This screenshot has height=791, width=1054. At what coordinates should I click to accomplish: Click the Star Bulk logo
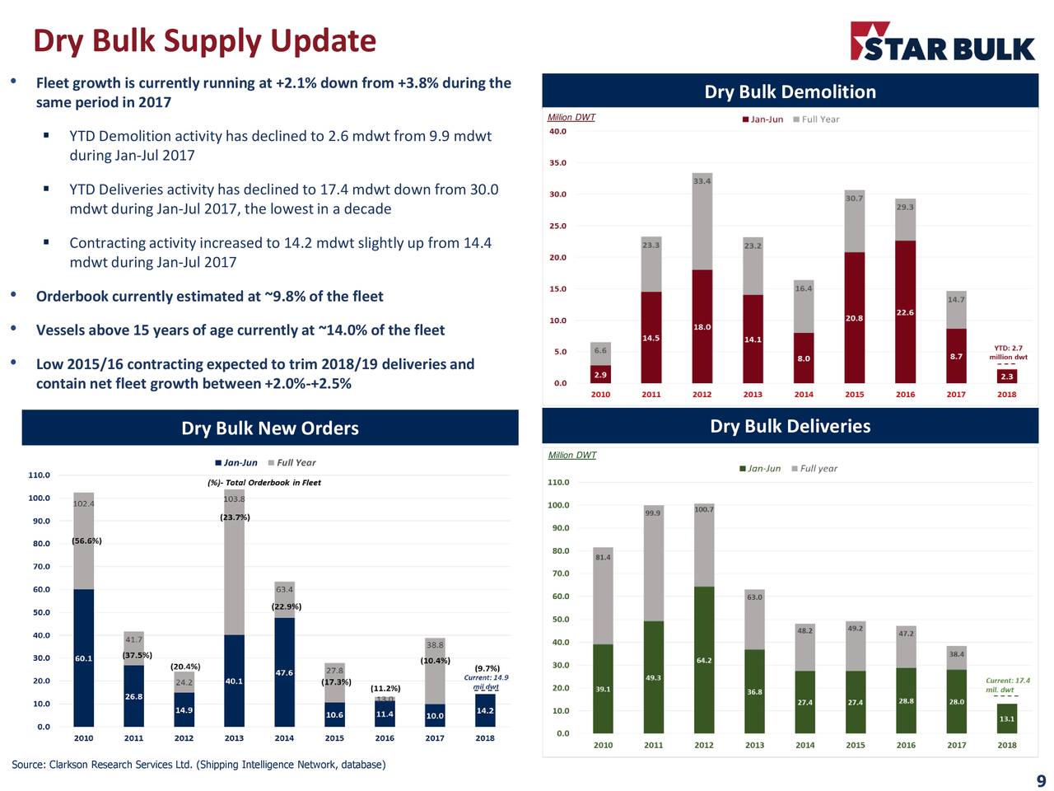(942, 43)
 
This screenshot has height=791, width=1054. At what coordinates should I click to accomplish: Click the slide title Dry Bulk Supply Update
(204, 41)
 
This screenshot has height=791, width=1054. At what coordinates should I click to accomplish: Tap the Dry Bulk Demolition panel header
(790, 91)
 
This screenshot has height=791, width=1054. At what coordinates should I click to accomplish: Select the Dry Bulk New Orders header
(270, 428)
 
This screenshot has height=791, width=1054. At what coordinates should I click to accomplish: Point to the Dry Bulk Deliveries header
(790, 426)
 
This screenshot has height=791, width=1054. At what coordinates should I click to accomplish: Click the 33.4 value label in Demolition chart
(702, 181)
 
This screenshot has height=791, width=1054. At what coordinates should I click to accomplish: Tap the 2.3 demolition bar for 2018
(1006, 376)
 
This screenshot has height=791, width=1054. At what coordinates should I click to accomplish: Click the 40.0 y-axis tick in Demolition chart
(557, 132)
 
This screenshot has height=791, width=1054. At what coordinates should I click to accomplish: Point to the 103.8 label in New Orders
(234, 499)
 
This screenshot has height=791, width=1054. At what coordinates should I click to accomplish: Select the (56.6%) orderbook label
(86, 541)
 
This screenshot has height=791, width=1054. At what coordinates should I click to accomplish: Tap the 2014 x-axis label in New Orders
(284, 738)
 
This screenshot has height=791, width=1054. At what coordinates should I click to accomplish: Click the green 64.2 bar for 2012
(704, 659)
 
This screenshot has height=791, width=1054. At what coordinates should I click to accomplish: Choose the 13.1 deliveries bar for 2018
(1006, 718)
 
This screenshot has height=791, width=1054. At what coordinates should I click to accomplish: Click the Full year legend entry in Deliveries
(814, 469)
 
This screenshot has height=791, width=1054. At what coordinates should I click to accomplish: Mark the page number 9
(1041, 781)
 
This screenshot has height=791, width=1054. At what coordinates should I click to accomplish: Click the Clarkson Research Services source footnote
(198, 765)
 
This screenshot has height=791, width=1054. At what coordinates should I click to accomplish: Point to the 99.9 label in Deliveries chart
(653, 513)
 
